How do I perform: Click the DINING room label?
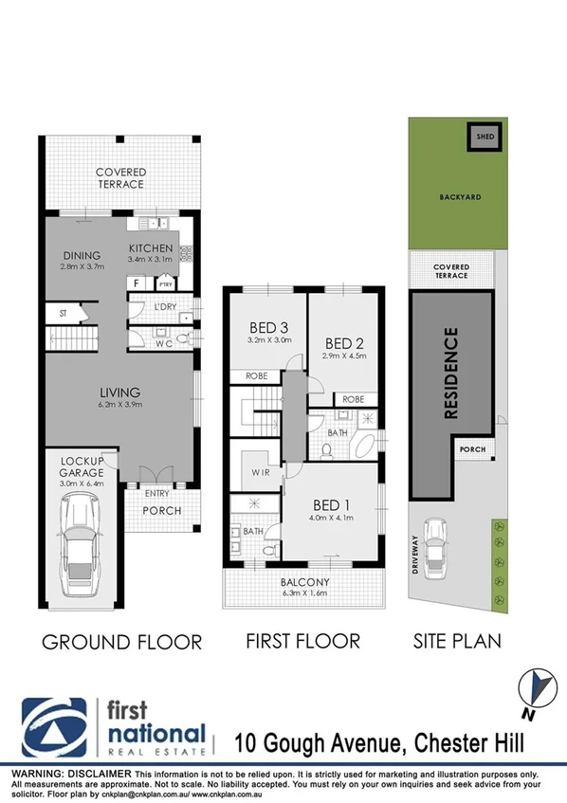pyautogui.click(x=82, y=255)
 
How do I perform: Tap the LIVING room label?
pyautogui.click(x=119, y=392)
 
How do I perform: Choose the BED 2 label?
pyautogui.click(x=344, y=342)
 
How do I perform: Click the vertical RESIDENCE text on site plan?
pyautogui.click(x=451, y=373)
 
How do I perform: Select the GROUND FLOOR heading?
pyautogui.click(x=121, y=642)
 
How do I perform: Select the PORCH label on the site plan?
pyautogui.click(x=471, y=450)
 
